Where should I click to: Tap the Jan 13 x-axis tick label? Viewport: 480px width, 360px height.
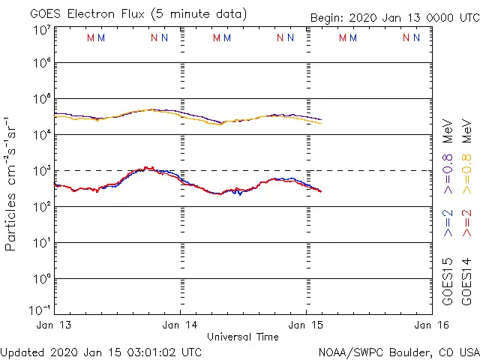pyautogui.click(x=55, y=325)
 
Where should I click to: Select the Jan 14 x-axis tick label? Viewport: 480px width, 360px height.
pyautogui.click(x=180, y=325)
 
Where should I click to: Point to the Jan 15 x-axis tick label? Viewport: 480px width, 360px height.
pyautogui.click(x=305, y=325)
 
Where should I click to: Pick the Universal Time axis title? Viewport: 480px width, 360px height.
pyautogui.click(x=242, y=337)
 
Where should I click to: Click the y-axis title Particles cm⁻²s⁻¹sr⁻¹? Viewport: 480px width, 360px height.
pyautogui.click(x=13, y=183)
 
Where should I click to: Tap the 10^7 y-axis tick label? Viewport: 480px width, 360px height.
pyautogui.click(x=41, y=31)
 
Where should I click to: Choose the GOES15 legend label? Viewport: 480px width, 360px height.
pyautogui.click(x=448, y=282)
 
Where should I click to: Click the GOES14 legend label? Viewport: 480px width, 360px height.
pyautogui.click(x=467, y=282)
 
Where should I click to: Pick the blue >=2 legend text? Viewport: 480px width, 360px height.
pyautogui.click(x=448, y=223)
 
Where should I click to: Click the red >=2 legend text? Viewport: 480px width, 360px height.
pyautogui.click(x=467, y=223)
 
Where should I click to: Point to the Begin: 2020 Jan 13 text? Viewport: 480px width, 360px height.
pyautogui.click(x=394, y=19)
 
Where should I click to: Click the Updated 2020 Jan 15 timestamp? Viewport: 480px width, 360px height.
pyautogui.click(x=101, y=352)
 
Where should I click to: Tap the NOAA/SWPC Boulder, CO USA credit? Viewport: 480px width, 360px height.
pyautogui.click(x=398, y=352)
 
